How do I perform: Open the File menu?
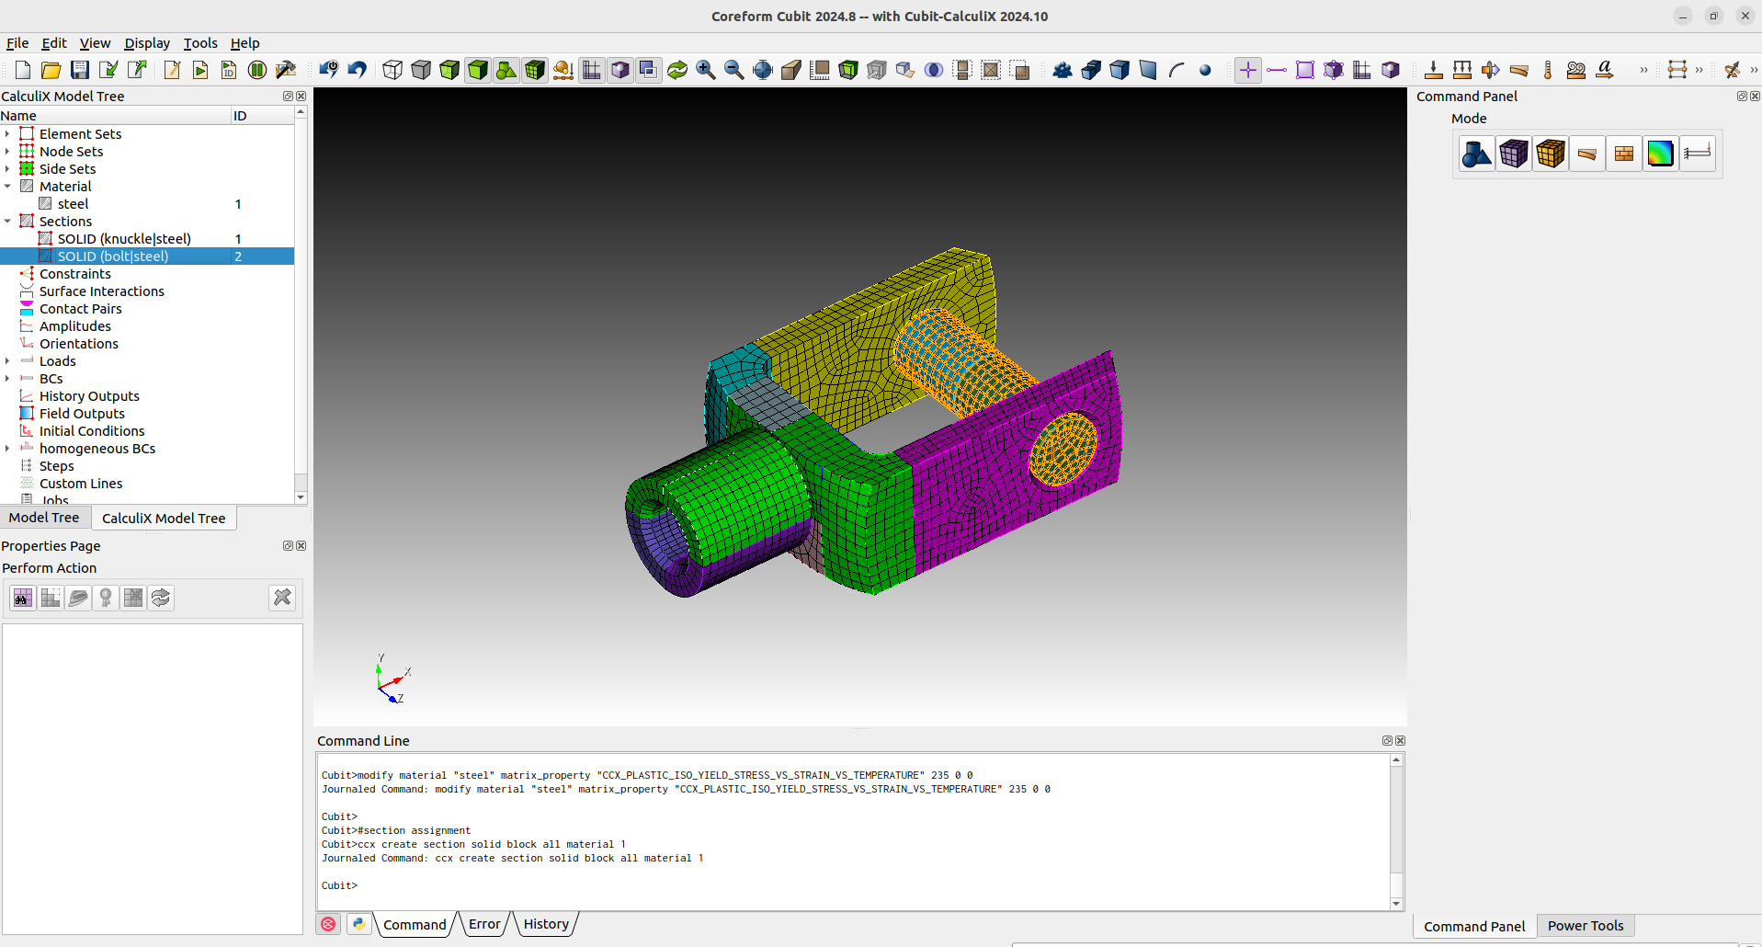[17, 43]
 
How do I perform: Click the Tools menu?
[200, 43]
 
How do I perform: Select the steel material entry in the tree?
[73, 204]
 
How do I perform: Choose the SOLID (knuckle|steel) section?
[124, 239]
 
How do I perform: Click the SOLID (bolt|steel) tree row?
[113, 257]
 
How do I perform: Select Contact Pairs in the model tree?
[80, 309]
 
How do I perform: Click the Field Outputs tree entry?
[82, 414]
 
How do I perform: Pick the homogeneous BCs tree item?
[97, 449]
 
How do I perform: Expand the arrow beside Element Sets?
[7, 134]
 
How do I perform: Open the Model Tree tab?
[44, 518]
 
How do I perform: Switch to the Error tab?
[484, 924]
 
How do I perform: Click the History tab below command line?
[546, 924]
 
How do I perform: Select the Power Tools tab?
[1585, 926]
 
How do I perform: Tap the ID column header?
[240, 116]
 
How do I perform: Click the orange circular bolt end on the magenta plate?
[1063, 449]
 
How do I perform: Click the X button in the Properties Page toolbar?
[282, 598]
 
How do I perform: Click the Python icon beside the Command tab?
[359, 924]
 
